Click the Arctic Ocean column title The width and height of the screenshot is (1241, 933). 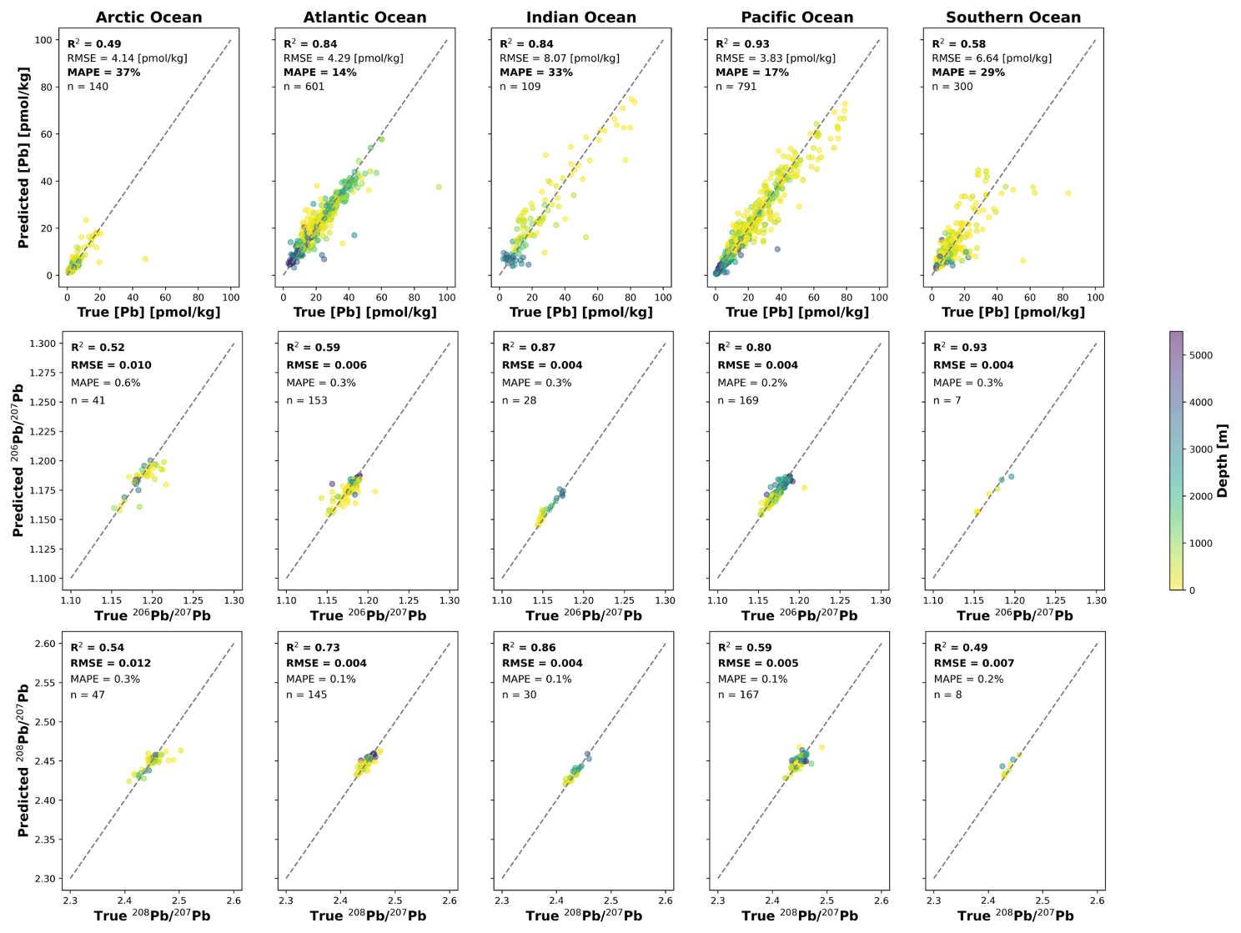click(148, 18)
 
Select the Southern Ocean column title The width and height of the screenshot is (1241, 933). click(1012, 18)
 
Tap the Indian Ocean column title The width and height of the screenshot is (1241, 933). click(580, 18)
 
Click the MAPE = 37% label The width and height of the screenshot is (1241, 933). click(103, 73)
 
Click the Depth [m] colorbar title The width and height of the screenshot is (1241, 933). click(1223, 460)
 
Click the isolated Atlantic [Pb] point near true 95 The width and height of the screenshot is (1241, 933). click(439, 187)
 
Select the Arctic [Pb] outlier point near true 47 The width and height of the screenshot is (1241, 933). click(145, 259)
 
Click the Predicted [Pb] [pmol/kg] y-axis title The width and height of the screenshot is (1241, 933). click(23, 158)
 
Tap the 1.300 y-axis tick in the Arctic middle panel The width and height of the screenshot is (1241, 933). click(42, 344)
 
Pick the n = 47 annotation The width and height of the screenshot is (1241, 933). click(88, 695)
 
